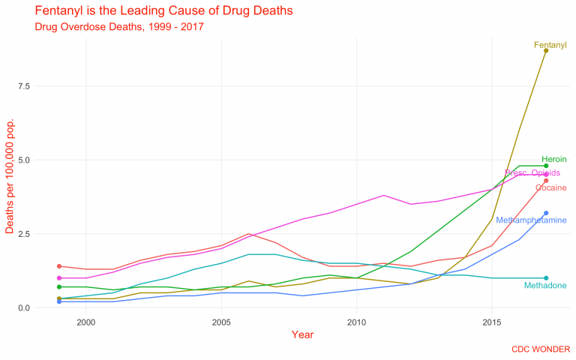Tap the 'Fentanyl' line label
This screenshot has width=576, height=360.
(550, 45)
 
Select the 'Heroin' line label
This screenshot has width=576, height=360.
(553, 159)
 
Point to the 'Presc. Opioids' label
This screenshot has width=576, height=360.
(532, 173)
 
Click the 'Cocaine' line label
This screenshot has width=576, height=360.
(550, 187)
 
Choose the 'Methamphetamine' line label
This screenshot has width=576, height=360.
(531, 220)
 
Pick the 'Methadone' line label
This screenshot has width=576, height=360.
(545, 286)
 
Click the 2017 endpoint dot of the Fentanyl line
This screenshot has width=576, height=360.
(546, 51)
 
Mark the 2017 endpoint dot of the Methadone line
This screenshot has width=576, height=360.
(546, 278)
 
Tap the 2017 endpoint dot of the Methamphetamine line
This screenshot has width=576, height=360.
(546, 213)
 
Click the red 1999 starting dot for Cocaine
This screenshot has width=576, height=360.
(59, 266)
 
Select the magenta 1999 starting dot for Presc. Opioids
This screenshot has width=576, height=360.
(59, 278)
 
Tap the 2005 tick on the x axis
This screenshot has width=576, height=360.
(221, 322)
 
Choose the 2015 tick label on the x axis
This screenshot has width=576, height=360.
(492, 322)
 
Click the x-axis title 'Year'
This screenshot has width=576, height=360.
(303, 334)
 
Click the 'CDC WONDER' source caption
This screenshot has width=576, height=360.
(540, 349)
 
